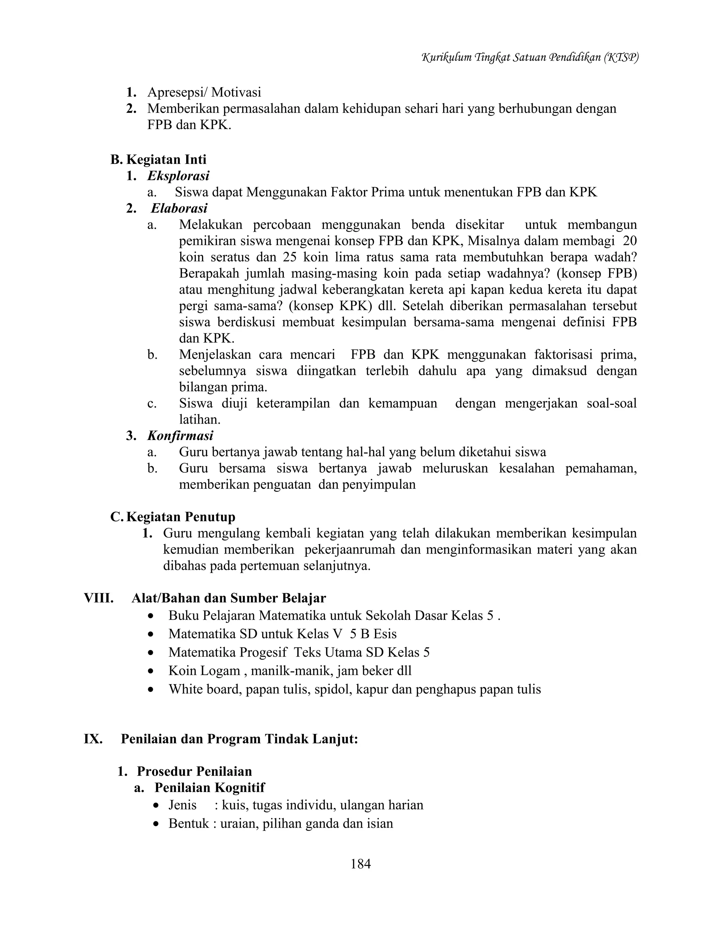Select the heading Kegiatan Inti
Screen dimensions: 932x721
coord(166,160)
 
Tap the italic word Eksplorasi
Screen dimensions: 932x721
coord(178,176)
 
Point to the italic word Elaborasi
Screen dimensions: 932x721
coord(179,208)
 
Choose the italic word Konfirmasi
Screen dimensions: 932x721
coord(180,436)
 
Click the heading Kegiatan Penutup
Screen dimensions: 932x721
coord(181,517)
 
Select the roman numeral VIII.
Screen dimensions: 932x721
coord(99,598)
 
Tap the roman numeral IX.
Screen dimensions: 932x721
coord(93,739)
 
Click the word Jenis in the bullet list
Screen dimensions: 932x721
coord(182,805)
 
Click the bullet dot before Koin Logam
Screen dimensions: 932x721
coord(150,671)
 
